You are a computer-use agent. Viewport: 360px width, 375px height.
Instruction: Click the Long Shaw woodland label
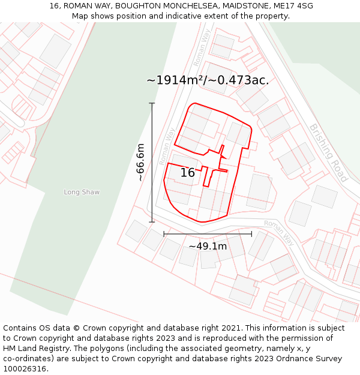[x=82, y=192]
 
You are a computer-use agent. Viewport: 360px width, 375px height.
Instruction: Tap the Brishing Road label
[x=328, y=152]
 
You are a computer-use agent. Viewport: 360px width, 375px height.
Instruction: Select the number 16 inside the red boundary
[x=187, y=173]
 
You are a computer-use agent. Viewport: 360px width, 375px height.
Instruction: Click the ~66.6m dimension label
[x=140, y=162]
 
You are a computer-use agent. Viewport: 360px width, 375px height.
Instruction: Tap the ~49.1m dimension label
[x=208, y=246]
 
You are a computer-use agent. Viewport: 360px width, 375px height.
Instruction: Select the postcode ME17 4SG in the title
[x=293, y=6]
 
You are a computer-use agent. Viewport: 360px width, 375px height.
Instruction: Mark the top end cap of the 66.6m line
[x=152, y=104]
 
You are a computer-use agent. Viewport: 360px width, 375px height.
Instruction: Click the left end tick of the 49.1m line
[x=164, y=234]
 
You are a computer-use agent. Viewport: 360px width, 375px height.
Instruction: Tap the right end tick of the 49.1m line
[x=251, y=234]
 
